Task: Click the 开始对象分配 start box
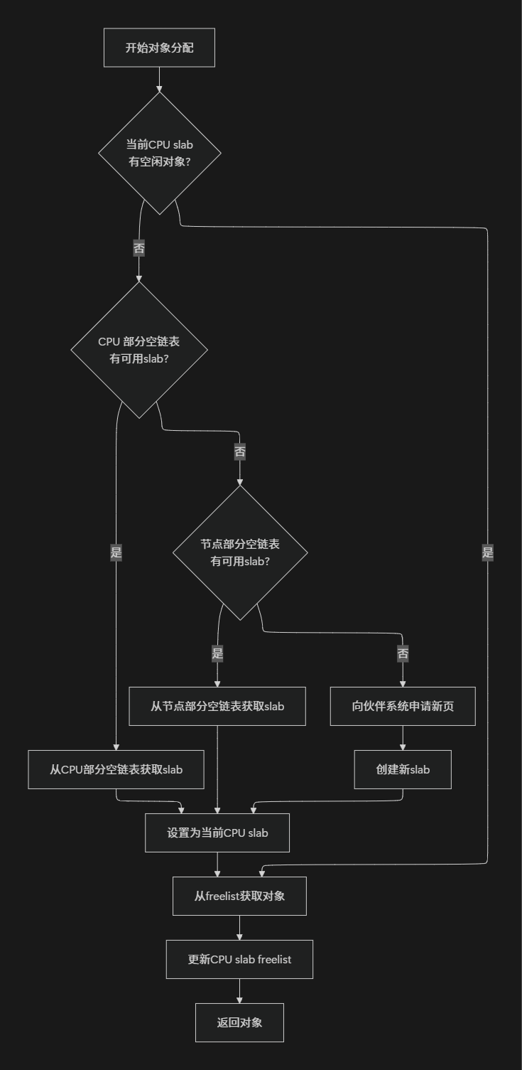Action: [x=159, y=48]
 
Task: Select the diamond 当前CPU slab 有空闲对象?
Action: [x=159, y=153]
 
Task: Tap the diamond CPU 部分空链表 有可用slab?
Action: [x=139, y=350]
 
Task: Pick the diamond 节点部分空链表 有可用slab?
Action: [x=240, y=552]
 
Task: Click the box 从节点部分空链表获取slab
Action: [x=217, y=706]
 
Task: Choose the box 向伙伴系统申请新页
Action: [x=403, y=706]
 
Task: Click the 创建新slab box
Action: [x=403, y=769]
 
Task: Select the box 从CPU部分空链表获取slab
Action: [x=116, y=769]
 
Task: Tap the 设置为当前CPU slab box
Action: [x=217, y=833]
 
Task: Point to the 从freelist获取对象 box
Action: [x=239, y=896]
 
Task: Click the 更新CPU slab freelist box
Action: [x=239, y=959]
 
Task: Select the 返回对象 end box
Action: [x=239, y=1022]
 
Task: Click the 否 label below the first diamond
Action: [x=139, y=248]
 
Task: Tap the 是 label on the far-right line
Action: [x=487, y=552]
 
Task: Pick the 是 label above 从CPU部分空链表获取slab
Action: [x=116, y=552]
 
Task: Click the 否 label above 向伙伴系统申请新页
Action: [x=403, y=653]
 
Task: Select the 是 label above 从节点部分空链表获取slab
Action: [x=217, y=653]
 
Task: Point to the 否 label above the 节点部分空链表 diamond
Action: [x=240, y=451]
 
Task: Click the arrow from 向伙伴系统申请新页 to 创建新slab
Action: [x=403, y=738]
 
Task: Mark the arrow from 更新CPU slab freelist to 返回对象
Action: [x=239, y=991]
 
